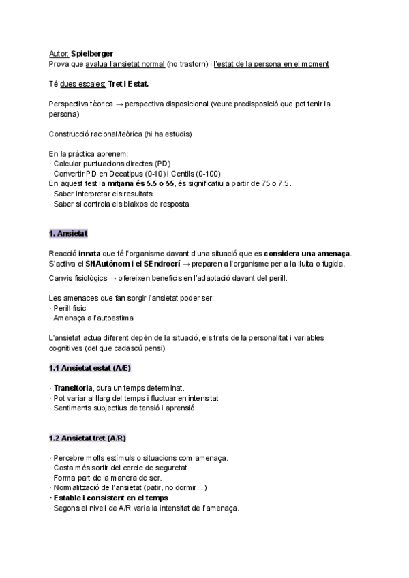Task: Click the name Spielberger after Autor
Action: pos(92,53)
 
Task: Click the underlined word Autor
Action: pos(59,53)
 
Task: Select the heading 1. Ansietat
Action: pos(69,234)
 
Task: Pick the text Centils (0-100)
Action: pos(190,174)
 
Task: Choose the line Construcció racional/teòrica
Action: pos(120,134)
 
